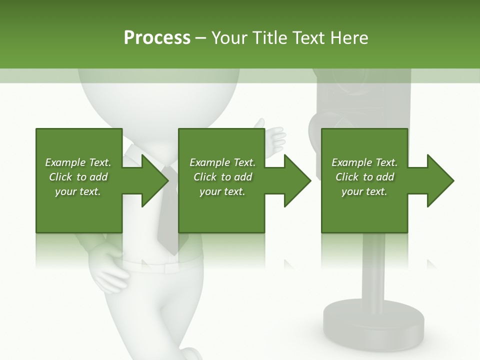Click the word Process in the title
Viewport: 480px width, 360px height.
coord(157,38)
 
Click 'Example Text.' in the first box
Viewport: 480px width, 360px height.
coord(78,162)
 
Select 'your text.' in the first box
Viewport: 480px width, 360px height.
coord(78,191)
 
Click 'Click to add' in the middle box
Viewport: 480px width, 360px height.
coord(222,177)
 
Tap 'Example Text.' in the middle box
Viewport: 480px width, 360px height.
coord(222,162)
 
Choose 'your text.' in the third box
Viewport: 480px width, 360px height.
coord(364,191)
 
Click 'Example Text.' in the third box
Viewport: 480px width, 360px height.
coord(364,162)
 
